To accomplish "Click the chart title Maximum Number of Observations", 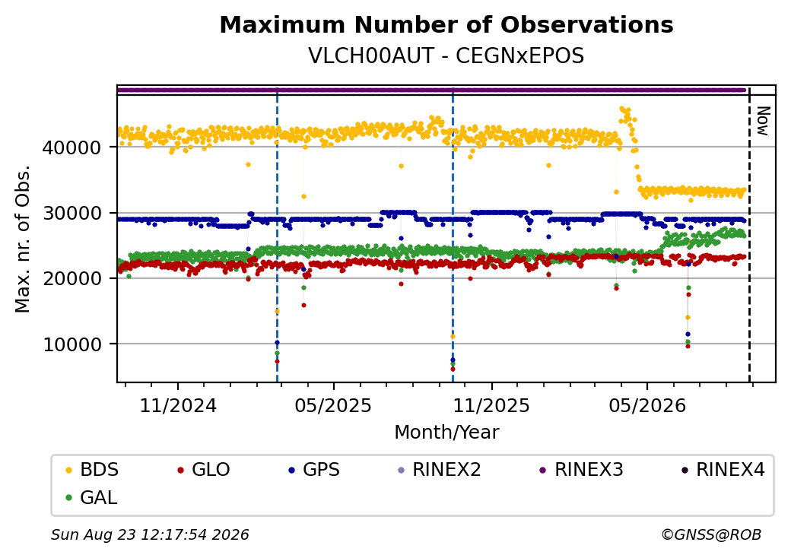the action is click(x=446, y=24).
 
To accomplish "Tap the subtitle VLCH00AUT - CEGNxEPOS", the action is click(x=446, y=56).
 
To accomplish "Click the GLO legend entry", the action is click(x=204, y=470).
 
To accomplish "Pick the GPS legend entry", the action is click(x=314, y=470).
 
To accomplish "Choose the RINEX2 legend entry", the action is click(x=440, y=470).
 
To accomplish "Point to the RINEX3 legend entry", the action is click(x=582, y=470).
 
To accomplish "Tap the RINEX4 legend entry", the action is click(x=723, y=470).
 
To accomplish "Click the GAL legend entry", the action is click(x=92, y=497).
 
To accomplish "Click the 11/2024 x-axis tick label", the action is click(x=178, y=406).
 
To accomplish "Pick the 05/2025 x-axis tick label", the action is click(x=333, y=406).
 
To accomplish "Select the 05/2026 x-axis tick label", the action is click(x=648, y=406).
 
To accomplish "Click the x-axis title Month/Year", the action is click(x=446, y=433).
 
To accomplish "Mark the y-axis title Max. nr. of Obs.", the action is click(x=22, y=239).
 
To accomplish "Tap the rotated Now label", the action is click(x=763, y=121).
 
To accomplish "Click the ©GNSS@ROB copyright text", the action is click(x=711, y=534).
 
